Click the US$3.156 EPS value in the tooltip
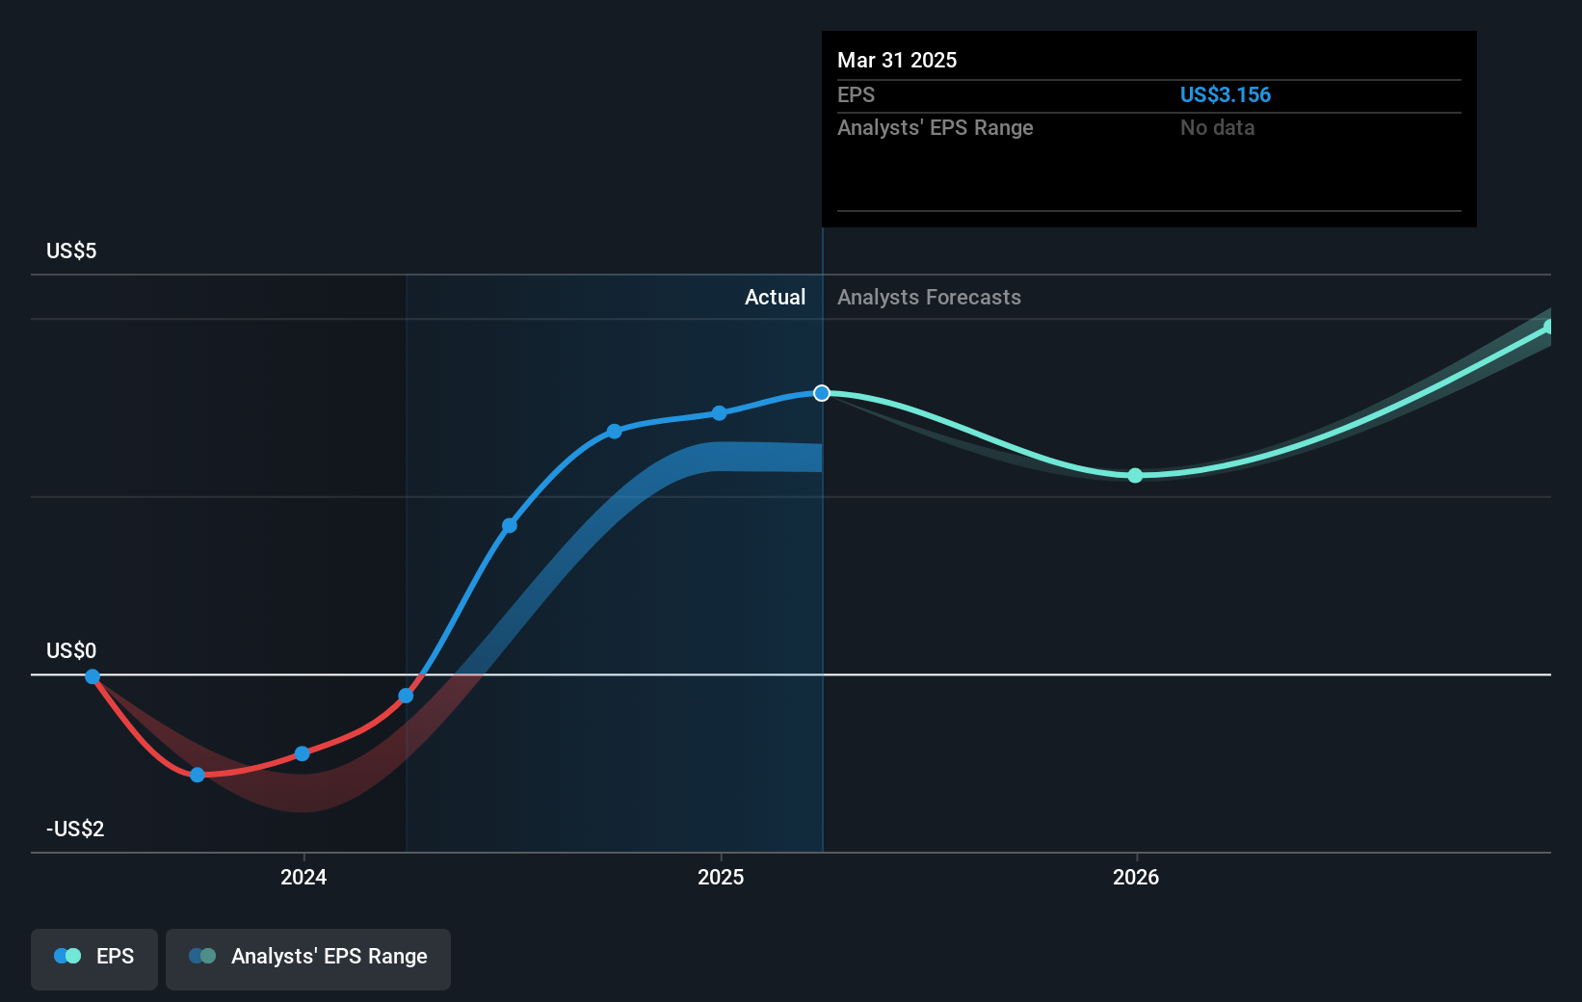tap(1225, 94)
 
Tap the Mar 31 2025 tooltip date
tap(897, 60)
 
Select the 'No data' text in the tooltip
tap(1217, 127)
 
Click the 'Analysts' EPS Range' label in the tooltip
tap(935, 127)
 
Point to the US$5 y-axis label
tap(71, 250)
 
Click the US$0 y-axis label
tap(71, 650)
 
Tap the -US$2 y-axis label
tap(75, 829)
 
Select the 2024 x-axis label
tap(303, 877)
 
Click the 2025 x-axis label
tap(721, 877)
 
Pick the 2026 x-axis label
tap(1136, 877)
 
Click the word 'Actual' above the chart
tap(775, 297)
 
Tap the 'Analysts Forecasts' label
tap(929, 297)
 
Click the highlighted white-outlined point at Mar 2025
tap(822, 393)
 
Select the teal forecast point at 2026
tap(1135, 475)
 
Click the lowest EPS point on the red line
tap(198, 775)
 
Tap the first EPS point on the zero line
tap(92, 676)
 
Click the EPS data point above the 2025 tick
tap(720, 413)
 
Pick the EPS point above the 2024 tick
tap(303, 753)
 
